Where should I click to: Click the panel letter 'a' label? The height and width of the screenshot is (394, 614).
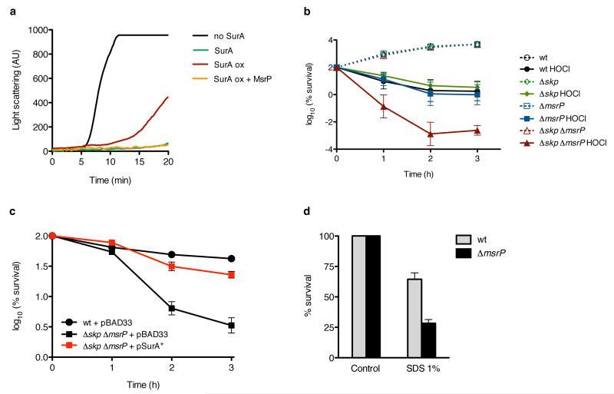pos(6,7)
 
